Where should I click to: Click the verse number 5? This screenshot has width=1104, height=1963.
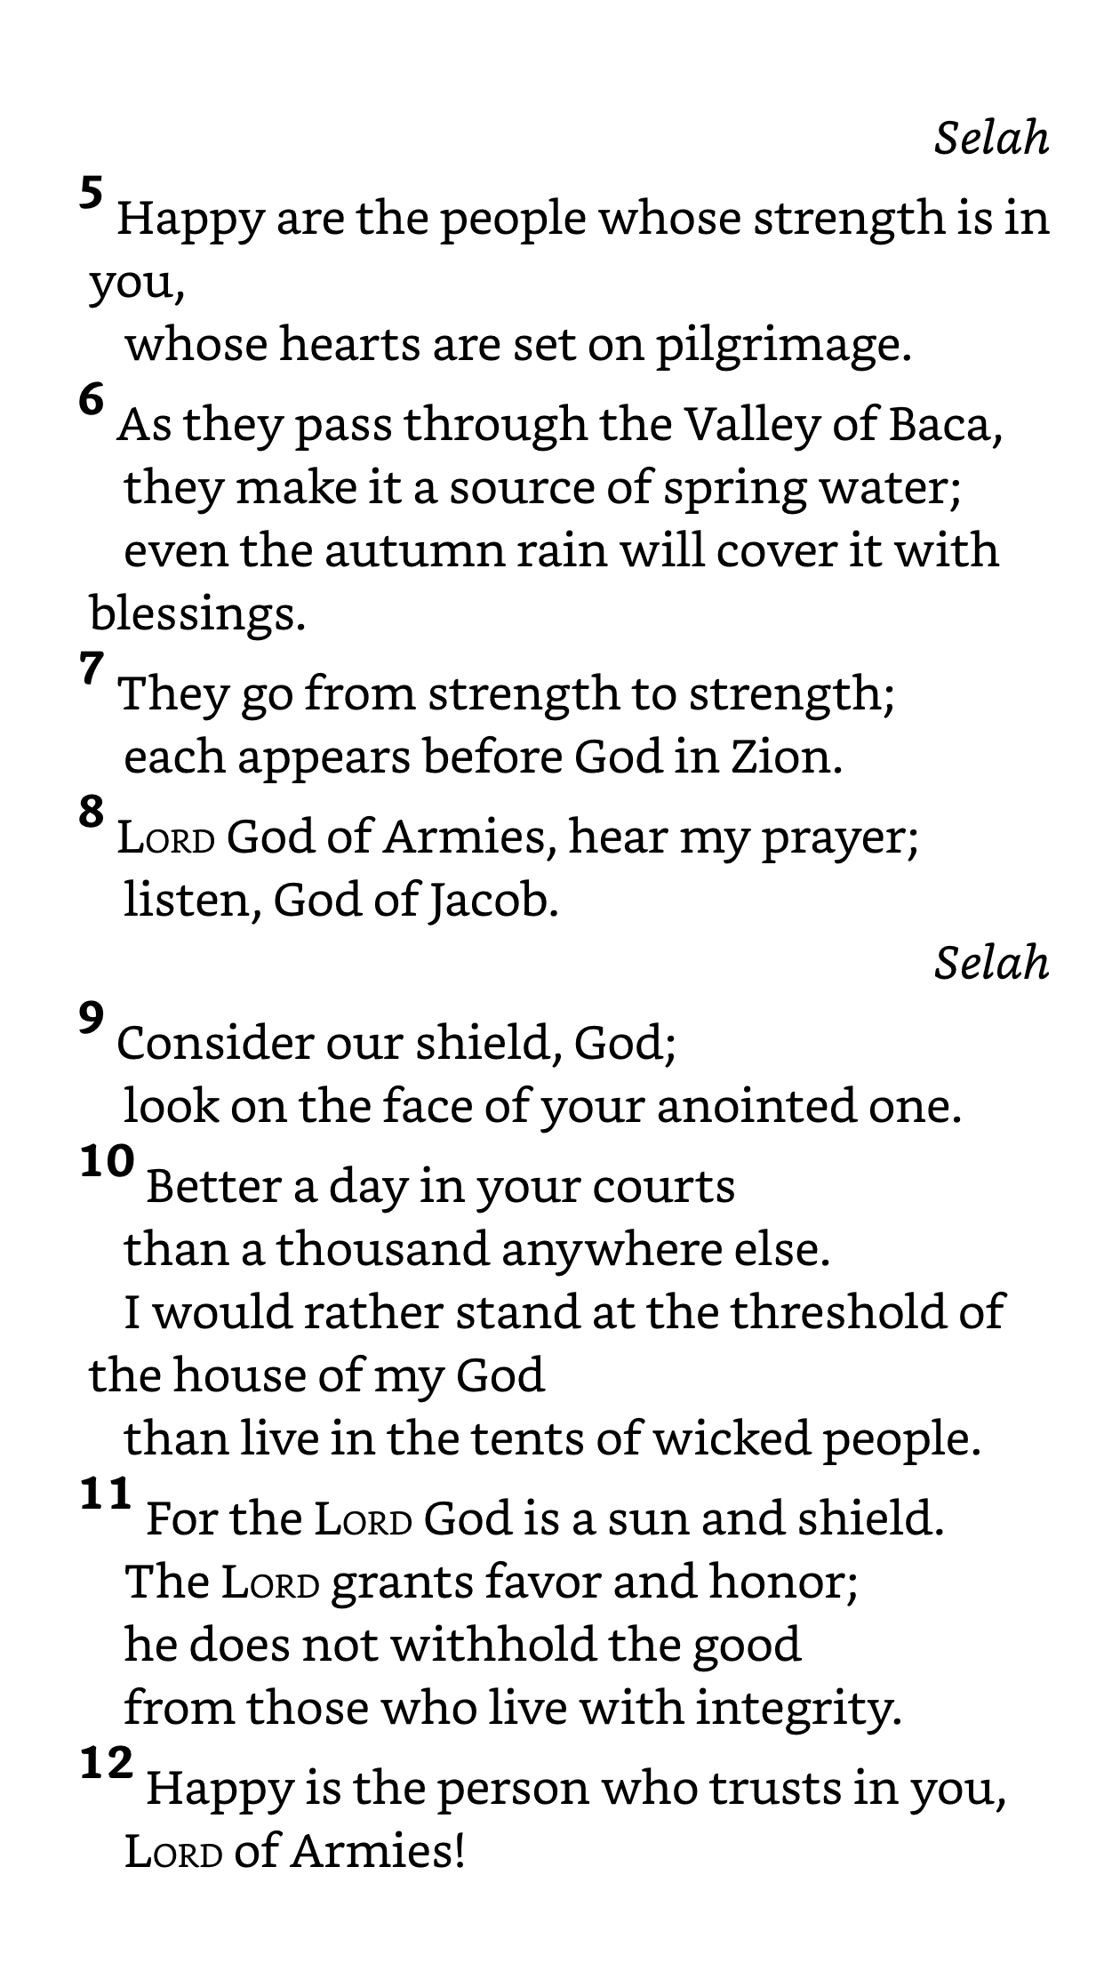tap(92, 192)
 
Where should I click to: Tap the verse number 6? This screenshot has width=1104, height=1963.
tap(92, 400)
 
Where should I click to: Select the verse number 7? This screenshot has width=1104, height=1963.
tap(92, 669)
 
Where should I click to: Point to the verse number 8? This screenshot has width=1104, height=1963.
tap(92, 813)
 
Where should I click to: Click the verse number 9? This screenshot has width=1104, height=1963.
tap(92, 1018)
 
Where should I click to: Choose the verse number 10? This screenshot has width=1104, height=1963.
tap(108, 1161)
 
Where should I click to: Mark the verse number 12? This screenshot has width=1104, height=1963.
tap(108, 1763)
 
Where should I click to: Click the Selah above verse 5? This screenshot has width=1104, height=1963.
tap(991, 139)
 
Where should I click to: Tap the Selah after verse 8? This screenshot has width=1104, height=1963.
tap(991, 963)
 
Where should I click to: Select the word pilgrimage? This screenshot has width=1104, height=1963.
tap(783, 346)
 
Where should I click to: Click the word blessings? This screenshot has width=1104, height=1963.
tap(197, 613)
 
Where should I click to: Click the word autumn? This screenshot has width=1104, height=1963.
tap(420, 550)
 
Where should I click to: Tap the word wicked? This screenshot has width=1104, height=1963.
tap(731, 1438)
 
